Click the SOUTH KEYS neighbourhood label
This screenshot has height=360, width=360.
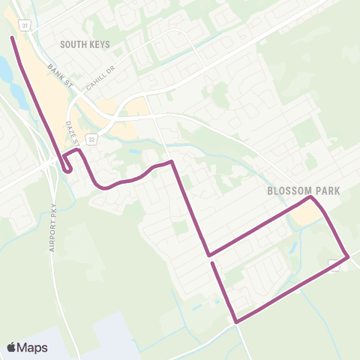[85, 44]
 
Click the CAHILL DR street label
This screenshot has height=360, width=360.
[97, 77]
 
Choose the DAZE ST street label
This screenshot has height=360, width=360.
[72, 133]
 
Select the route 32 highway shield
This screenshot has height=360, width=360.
[91, 139]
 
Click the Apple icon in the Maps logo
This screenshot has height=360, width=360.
[12, 347]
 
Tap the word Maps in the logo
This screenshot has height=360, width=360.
[32, 347]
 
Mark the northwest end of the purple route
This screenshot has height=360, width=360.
[12, 37]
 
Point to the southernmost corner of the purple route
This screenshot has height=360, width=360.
[236, 322]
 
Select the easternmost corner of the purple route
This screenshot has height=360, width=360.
[348, 258]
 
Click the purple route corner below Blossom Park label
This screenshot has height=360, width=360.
[310, 199]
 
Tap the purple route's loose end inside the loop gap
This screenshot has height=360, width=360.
[213, 263]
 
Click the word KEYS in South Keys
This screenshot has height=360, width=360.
[98, 44]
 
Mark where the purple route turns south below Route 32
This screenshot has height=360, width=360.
[173, 161]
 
